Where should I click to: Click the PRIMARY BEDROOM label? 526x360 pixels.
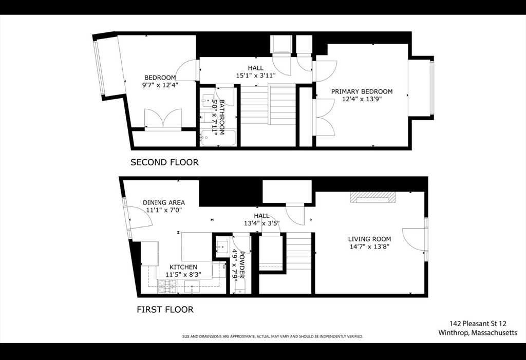coord(362,91)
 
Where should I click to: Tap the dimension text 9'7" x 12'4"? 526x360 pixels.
coord(159,85)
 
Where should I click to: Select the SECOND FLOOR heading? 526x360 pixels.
coord(164,162)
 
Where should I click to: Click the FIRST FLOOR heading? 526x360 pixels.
coord(164,310)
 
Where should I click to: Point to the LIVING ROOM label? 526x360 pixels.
coord(369,239)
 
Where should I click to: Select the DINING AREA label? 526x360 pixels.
coord(163,202)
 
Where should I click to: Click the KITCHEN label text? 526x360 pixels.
coord(183,267)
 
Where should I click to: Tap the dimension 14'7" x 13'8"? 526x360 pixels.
coord(369,247)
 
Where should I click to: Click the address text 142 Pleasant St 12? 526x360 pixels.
coord(478,324)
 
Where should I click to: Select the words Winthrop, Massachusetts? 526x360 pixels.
coord(478,333)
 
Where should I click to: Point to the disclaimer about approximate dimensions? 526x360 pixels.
coord(272,337)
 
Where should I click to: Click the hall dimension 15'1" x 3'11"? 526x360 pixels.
coord(256,75)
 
